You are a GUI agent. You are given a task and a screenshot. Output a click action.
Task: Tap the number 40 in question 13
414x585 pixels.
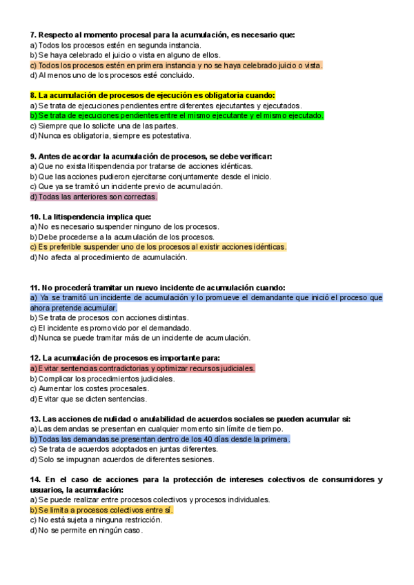click(208, 439)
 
